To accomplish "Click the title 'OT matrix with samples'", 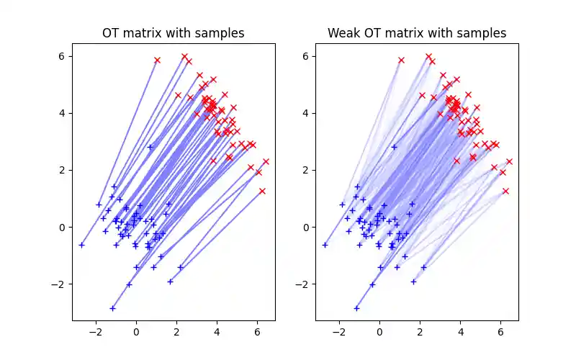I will pyautogui.click(x=173, y=33).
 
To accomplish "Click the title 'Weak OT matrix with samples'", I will pyautogui.click(x=417, y=33).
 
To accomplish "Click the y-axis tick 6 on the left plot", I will pyautogui.click(x=63, y=56).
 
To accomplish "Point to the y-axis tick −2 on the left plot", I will pyautogui.click(x=60, y=284).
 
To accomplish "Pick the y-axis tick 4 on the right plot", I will pyautogui.click(x=306, y=113).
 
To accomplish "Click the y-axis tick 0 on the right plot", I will pyautogui.click(x=306, y=227).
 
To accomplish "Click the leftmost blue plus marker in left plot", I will pyautogui.click(x=81, y=245).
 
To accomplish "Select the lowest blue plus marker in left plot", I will pyautogui.click(x=112, y=308).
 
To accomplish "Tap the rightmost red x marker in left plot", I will pyautogui.click(x=266, y=161).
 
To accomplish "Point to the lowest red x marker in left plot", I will pyautogui.click(x=262, y=191).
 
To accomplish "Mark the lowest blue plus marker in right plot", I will pyautogui.click(x=356, y=308).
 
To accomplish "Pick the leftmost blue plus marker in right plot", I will pyautogui.click(x=325, y=245).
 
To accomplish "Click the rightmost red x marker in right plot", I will pyautogui.click(x=509, y=161).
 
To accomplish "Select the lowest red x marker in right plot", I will pyautogui.click(x=505, y=191).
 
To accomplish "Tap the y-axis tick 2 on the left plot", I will pyautogui.click(x=63, y=170).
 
